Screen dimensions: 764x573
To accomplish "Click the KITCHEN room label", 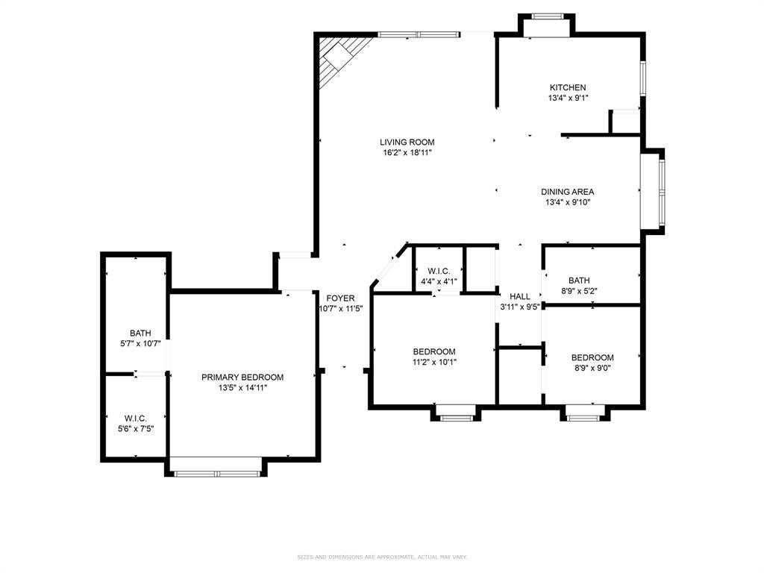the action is tap(568, 88).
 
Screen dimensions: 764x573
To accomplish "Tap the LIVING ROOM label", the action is tap(407, 143).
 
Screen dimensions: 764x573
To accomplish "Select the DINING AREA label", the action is tap(567, 192).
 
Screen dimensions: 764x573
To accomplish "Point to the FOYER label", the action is tap(340, 298).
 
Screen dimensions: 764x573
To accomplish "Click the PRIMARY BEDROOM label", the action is tap(242, 377).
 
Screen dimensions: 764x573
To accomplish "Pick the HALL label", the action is tap(520, 296).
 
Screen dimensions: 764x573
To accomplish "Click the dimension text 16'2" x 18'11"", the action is tap(407, 153).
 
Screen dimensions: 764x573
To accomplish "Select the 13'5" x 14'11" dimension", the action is tap(242, 388).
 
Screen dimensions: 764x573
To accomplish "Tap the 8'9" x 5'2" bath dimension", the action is tap(579, 292).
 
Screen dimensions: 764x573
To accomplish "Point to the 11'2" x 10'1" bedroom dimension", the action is tap(434, 363).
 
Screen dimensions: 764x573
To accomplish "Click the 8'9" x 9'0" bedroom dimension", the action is tap(592, 369).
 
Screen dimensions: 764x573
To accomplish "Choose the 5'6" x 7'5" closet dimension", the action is tap(136, 429).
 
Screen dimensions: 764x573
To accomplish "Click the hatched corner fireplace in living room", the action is tap(341, 57).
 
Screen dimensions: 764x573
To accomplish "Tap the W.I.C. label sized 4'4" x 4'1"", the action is tap(439, 271).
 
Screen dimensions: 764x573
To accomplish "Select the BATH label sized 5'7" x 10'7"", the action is tap(140, 334).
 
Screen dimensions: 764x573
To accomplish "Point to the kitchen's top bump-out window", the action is tap(548, 16).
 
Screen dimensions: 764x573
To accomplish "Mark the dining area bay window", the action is tap(662, 192).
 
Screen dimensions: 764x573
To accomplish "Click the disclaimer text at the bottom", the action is tap(382, 557).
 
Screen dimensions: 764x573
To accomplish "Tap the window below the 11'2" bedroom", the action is tap(456, 418).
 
